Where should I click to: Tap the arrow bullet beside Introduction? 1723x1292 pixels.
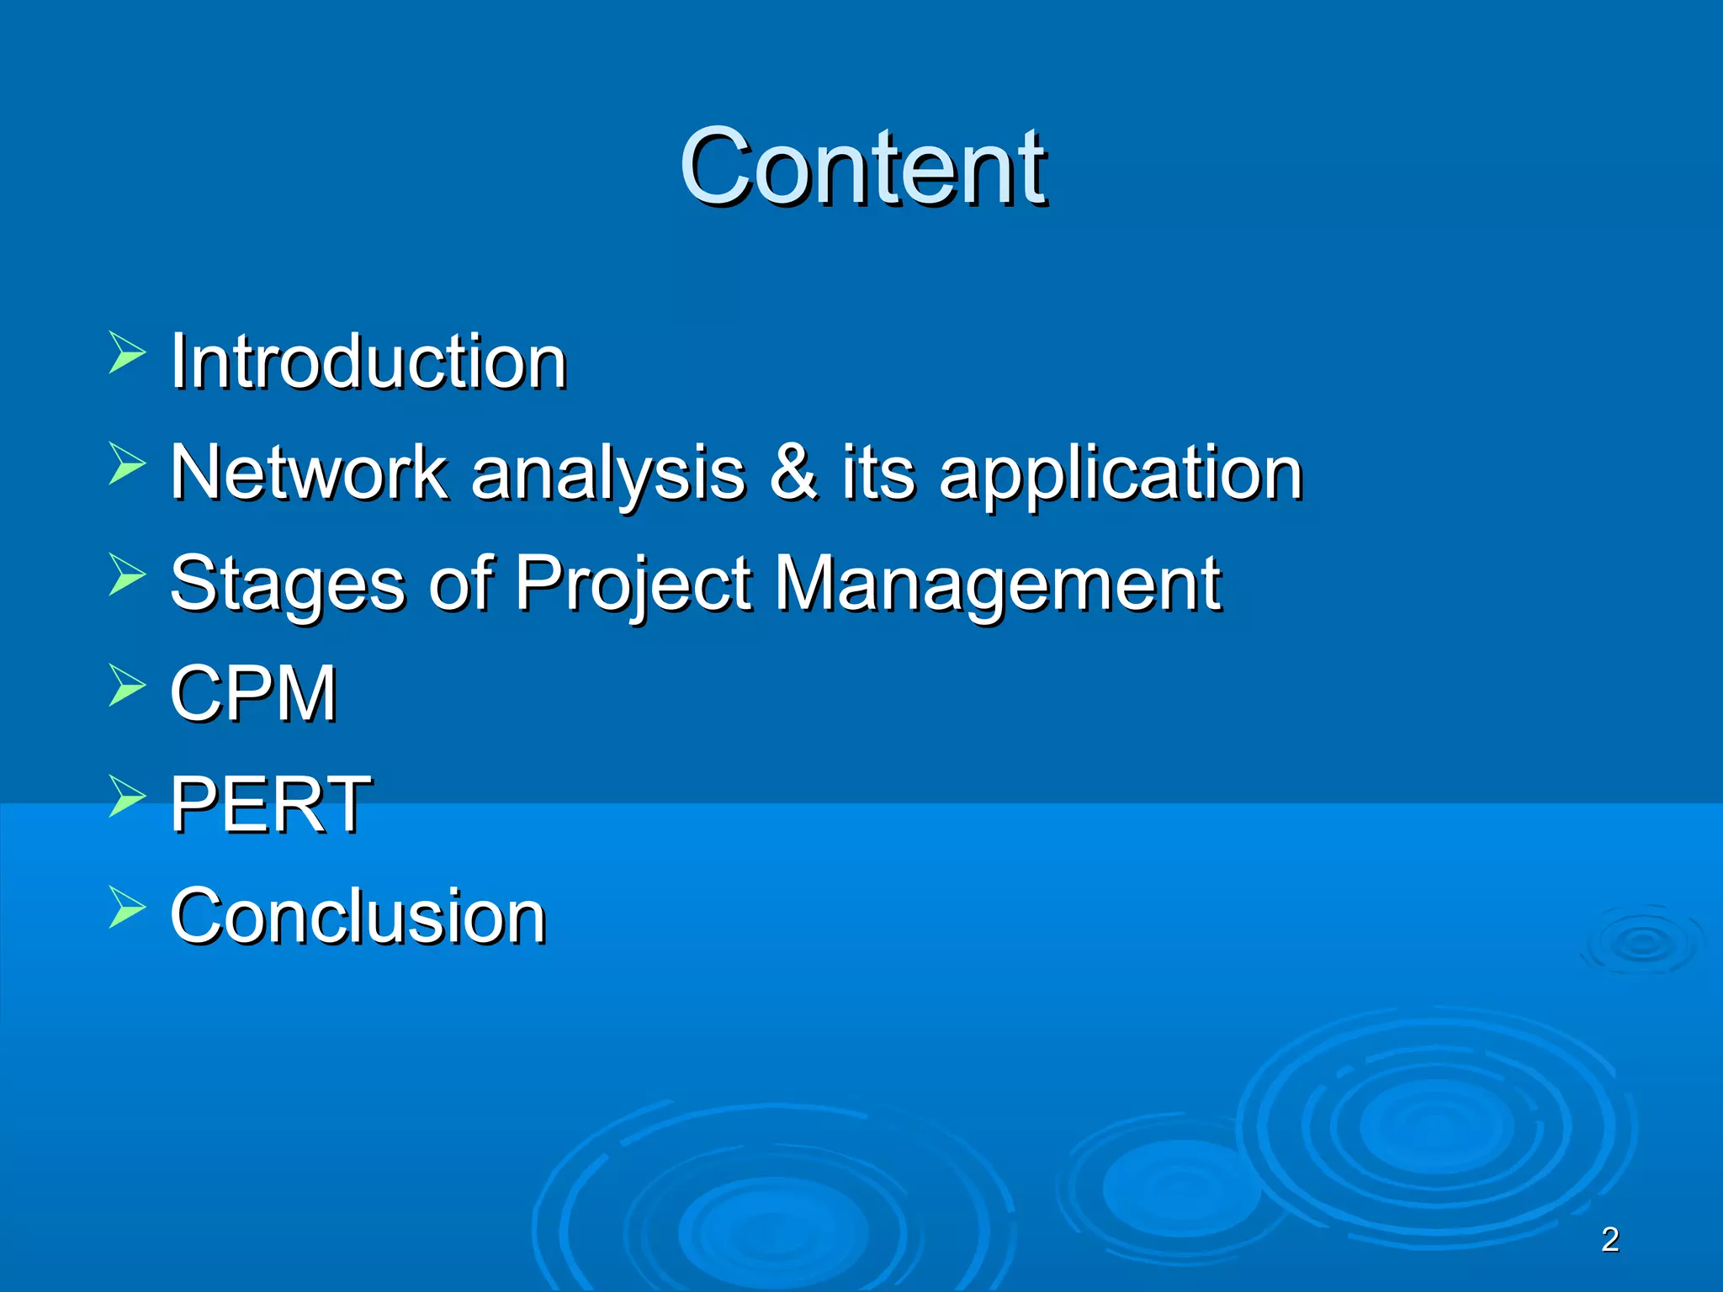126,352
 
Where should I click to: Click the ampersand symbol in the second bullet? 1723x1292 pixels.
793,473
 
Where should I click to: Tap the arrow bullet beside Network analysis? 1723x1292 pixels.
126,463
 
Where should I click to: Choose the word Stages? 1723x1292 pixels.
287,585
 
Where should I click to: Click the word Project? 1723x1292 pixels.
633,585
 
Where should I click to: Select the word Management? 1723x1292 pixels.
997,585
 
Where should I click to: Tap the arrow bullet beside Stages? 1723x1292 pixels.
126,575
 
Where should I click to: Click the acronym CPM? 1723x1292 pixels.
253,694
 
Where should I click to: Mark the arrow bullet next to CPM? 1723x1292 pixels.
126,685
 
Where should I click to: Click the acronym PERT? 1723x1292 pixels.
270,805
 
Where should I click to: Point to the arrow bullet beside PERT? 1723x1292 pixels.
126,796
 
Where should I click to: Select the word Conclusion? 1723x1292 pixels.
358,916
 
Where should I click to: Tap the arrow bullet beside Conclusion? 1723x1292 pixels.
126,907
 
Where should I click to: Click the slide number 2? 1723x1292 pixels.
1609,1240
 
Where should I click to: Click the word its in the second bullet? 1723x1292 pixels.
878,473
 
